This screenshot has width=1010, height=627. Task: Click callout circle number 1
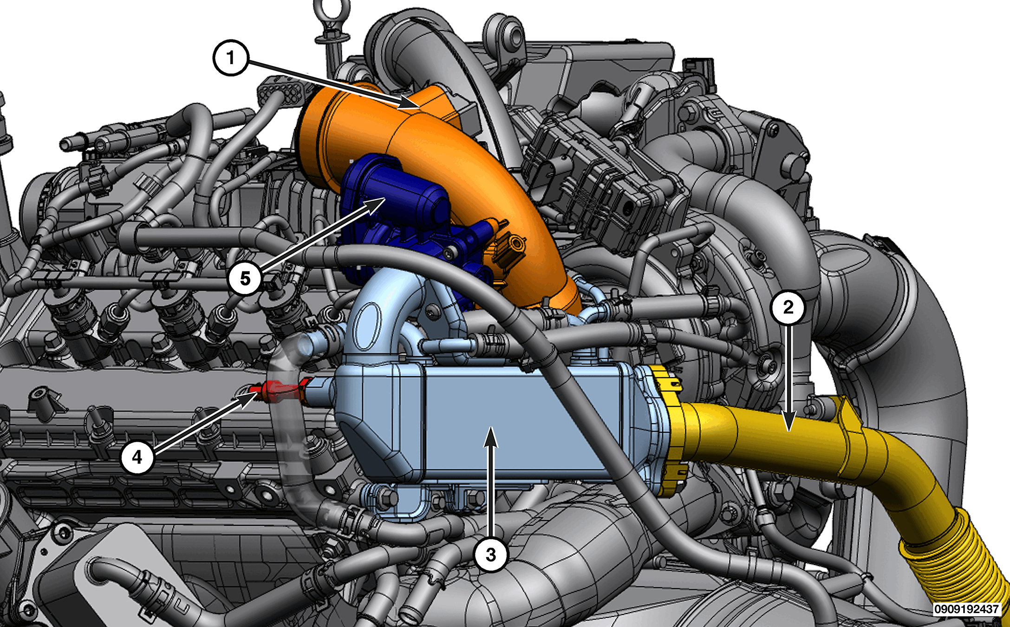click(x=231, y=58)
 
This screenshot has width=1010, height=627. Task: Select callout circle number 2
click(x=788, y=307)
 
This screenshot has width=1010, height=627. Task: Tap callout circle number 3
click(x=491, y=555)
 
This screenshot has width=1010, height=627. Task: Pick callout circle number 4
click(x=137, y=457)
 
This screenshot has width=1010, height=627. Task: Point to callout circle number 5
click(x=245, y=278)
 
